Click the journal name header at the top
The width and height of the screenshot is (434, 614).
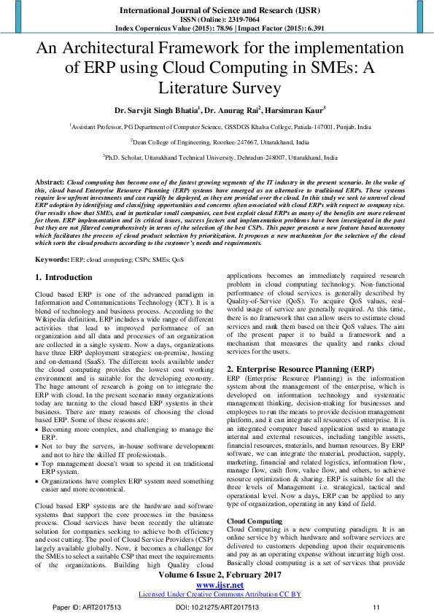(x=217, y=9)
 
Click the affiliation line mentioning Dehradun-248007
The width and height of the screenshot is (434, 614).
(x=220, y=157)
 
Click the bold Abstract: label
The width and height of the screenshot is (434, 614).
(x=50, y=180)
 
